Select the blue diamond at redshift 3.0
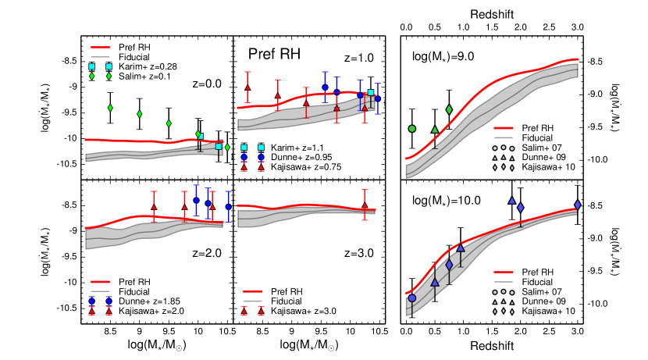(577, 205)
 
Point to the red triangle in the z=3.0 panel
(365, 205)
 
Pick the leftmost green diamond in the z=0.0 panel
(110, 107)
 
